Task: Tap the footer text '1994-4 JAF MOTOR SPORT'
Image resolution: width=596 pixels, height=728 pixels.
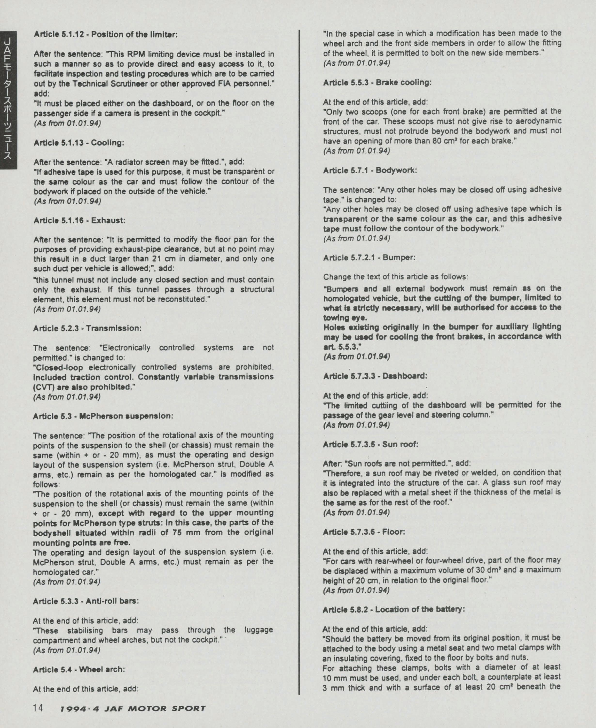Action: click(x=133, y=708)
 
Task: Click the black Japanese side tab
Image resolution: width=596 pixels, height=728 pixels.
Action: click(x=8, y=100)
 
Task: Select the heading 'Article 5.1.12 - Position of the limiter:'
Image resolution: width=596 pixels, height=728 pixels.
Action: click(x=105, y=35)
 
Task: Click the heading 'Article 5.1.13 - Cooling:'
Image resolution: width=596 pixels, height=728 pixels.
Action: click(x=79, y=143)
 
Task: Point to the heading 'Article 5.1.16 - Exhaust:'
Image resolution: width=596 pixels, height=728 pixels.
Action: click(x=79, y=220)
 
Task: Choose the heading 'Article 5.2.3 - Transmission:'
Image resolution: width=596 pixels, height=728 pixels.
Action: click(x=87, y=328)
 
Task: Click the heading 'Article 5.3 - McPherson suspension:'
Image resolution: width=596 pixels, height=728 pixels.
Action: click(x=103, y=416)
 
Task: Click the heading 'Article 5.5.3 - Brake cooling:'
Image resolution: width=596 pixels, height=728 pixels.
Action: click(x=377, y=83)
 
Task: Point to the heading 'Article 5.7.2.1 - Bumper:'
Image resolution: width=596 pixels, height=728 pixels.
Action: click(x=369, y=257)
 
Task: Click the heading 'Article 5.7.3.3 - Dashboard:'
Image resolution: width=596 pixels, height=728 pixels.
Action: click(x=375, y=376)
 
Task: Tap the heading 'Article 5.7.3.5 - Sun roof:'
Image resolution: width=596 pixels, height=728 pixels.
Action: click(x=371, y=444)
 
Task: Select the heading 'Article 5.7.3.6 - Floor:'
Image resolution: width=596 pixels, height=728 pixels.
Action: click(x=364, y=532)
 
